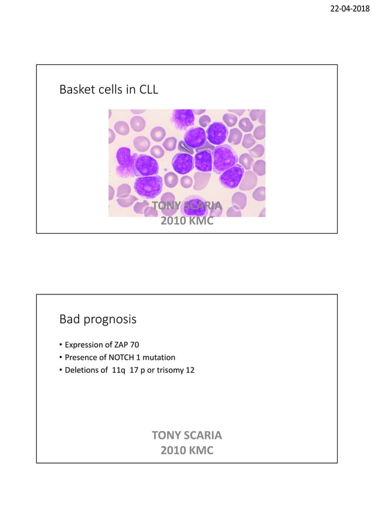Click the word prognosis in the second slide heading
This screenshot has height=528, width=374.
[111, 320]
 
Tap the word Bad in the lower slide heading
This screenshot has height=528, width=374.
[69, 320]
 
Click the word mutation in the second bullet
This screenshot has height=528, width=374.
[158, 357]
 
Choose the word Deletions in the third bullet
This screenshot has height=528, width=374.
[81, 370]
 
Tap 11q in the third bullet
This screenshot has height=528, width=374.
[118, 370]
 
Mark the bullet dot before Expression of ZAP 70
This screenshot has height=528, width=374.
[61, 345]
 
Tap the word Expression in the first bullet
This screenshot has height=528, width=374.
[84, 345]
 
